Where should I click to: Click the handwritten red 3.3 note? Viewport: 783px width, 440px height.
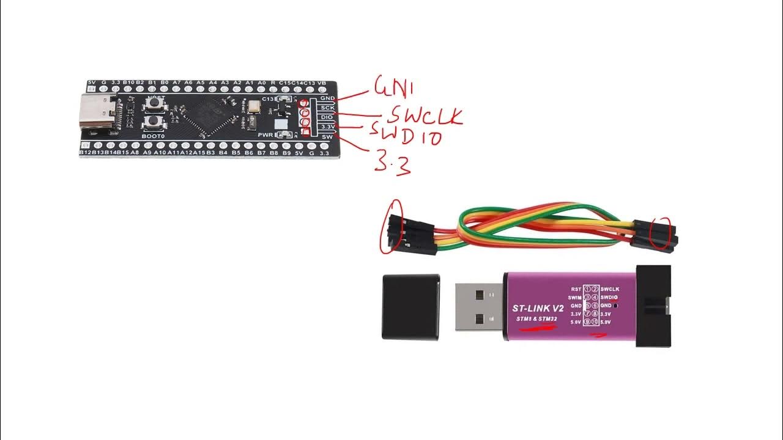tap(392, 164)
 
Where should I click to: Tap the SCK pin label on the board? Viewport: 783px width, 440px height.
tap(327, 108)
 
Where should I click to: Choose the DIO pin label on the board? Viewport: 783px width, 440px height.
tap(327, 117)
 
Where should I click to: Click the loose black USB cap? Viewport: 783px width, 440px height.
tap(411, 306)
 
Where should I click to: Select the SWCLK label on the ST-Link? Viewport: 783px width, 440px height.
tap(610, 288)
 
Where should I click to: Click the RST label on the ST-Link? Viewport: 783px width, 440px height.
tap(576, 289)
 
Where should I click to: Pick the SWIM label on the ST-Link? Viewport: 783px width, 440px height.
tap(574, 297)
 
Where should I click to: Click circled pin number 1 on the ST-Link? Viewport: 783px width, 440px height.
tap(587, 289)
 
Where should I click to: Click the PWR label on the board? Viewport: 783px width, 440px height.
tap(265, 134)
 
